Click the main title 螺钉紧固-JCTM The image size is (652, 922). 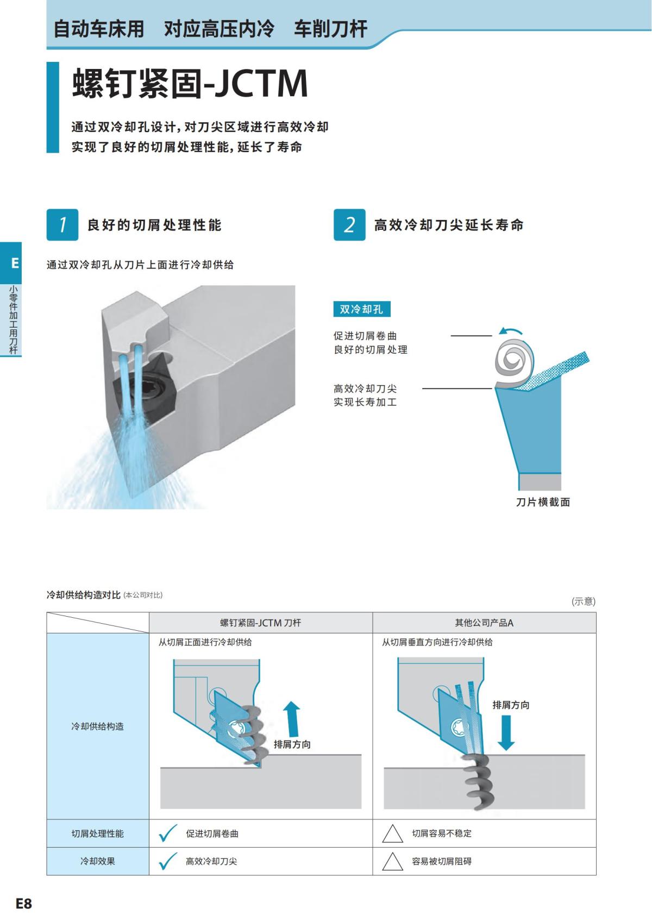(190, 84)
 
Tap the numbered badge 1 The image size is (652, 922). (62, 224)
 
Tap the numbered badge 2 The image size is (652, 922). (349, 224)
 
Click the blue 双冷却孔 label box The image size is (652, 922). (361, 309)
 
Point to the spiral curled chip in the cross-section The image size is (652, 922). (513, 359)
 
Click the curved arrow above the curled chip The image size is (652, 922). (511, 331)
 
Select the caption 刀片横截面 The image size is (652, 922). (543, 502)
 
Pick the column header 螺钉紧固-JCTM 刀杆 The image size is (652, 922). (260, 623)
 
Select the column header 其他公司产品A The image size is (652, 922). (484, 623)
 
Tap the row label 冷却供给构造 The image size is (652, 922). (98, 726)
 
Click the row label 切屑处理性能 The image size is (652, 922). (98, 833)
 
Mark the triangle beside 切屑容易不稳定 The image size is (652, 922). (392, 834)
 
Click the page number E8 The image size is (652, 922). (24, 904)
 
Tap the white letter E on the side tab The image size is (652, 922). (15, 263)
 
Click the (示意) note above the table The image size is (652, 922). (583, 601)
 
